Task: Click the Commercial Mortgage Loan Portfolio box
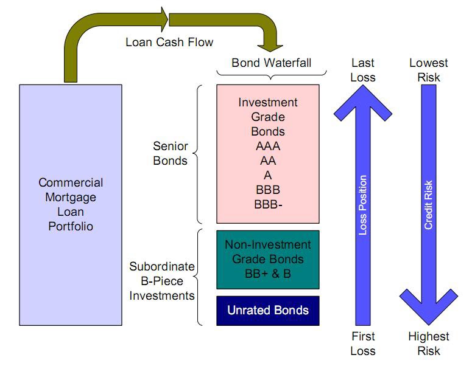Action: click(x=71, y=204)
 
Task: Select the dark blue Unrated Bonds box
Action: click(x=268, y=310)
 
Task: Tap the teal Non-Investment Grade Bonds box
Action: click(x=268, y=260)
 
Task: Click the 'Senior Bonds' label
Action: click(x=171, y=154)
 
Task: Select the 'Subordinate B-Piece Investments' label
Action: click(x=162, y=281)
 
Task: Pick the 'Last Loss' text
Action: click(x=363, y=70)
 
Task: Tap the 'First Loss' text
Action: click(x=363, y=343)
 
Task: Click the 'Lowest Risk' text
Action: click(x=429, y=70)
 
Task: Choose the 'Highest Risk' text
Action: click(x=429, y=343)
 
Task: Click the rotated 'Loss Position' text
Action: click(x=363, y=205)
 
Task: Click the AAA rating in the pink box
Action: click(x=268, y=147)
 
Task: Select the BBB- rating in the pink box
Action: click(x=268, y=204)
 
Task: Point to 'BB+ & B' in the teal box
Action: click(x=268, y=274)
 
